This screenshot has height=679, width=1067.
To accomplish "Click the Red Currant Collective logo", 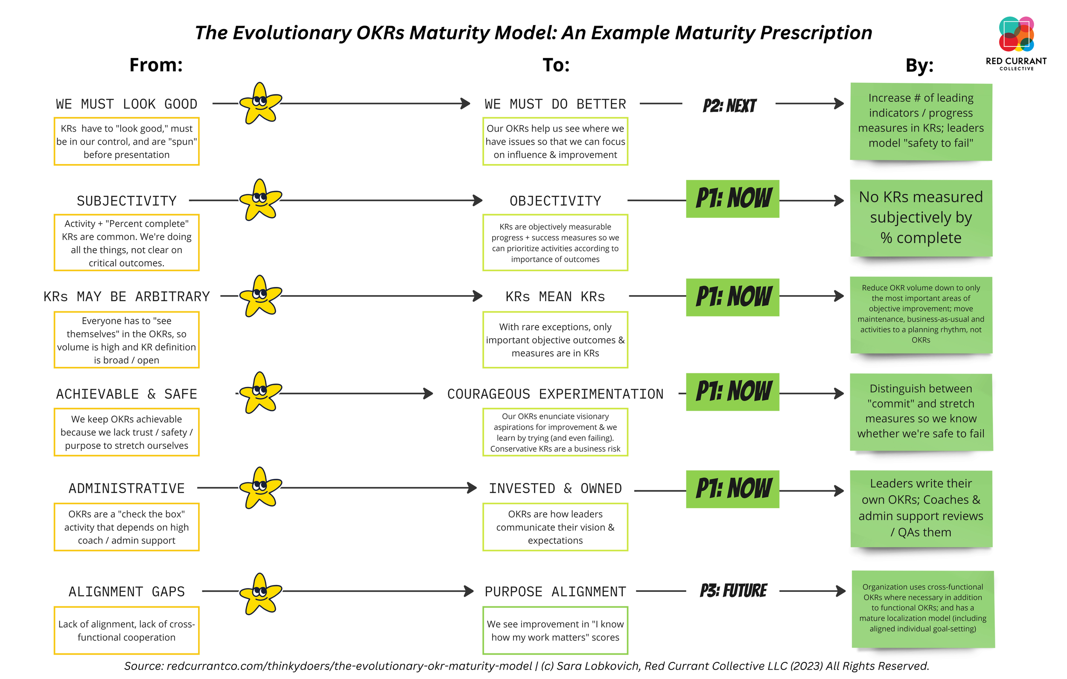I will pos(1016,42).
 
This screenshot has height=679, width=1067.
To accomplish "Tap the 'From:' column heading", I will pos(156,65).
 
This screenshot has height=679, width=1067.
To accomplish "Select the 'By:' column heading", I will pos(919,66).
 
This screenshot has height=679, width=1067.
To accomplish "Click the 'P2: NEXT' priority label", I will pos(729,105).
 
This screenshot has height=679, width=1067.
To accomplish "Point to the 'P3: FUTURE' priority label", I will pos(733,591).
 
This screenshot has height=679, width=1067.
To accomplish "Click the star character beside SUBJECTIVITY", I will pos(260,200).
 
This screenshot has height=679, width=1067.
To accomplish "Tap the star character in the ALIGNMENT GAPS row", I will pos(260,594).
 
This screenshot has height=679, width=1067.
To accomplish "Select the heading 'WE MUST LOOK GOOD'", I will pos(126,104).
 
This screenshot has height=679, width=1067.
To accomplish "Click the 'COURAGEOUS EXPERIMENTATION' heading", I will pos(555,394).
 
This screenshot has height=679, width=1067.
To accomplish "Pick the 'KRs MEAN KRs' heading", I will pos(555,296).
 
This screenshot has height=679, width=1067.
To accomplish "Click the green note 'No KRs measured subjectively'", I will pos(921,217).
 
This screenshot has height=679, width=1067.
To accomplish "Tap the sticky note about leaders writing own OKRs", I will pos(921,508).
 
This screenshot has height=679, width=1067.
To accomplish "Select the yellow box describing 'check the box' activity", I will pos(126,527).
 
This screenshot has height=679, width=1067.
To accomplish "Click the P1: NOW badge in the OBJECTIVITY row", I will pos(732,199).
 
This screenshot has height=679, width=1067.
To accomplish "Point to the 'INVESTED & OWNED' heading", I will pos(555,488).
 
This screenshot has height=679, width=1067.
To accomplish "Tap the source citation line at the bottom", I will pos(526,666).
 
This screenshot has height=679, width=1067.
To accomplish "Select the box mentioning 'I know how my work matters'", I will pos(555,630).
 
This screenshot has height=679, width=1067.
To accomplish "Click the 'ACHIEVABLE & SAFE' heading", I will pos(126,394).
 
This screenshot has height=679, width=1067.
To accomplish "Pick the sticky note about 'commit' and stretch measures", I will pos(921,411).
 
